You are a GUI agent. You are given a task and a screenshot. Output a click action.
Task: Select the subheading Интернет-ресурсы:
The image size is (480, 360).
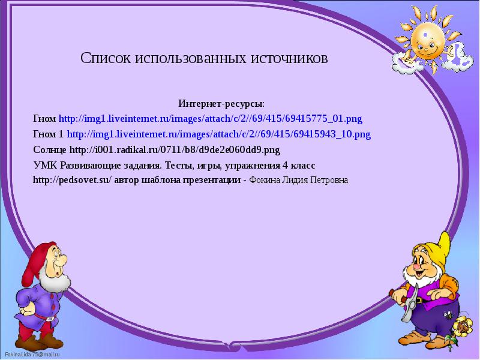(x=221, y=104)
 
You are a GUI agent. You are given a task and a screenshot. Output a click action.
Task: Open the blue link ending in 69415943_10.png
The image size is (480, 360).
(x=218, y=134)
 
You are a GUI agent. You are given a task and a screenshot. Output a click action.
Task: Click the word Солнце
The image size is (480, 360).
(x=50, y=149)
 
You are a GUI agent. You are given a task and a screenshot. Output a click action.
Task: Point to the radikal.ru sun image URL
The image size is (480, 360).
(x=175, y=149)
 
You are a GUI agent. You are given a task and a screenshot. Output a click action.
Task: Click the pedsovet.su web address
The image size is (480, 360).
(x=71, y=180)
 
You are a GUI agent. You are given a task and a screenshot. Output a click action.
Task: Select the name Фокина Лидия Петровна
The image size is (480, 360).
(x=298, y=180)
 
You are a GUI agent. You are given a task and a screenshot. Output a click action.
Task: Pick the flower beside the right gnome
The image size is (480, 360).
(x=461, y=328)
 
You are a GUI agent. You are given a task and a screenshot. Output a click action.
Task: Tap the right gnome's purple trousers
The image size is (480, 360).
(x=429, y=324)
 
